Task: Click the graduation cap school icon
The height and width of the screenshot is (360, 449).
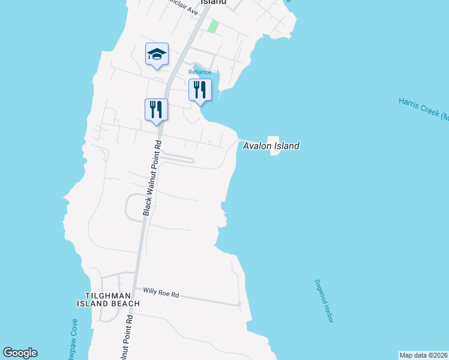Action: click(157, 55)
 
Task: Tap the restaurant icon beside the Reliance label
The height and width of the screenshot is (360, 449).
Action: click(200, 90)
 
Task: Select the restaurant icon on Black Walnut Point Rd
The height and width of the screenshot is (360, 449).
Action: click(156, 109)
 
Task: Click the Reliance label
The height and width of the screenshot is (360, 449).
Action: click(200, 72)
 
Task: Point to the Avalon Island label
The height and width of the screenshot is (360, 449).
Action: click(271, 146)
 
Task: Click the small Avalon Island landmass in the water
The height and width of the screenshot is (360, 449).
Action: click(275, 144)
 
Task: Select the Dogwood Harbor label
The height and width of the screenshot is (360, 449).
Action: click(323, 301)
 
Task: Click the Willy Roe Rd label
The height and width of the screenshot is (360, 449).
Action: click(161, 293)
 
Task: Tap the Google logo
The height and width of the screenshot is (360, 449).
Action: click(20, 353)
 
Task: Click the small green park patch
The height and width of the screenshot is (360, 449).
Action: click(212, 26)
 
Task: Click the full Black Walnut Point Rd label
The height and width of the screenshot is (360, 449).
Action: click(152, 178)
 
